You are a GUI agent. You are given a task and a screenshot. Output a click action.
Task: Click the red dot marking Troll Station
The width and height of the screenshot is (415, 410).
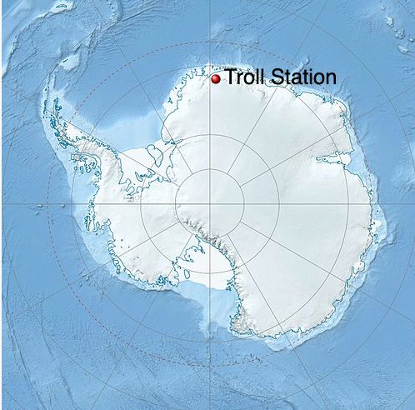pyautogui.click(x=215, y=78)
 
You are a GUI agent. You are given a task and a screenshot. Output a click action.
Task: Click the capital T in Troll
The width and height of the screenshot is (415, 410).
pyautogui.click(x=229, y=77)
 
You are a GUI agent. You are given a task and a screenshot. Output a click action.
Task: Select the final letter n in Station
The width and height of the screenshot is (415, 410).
pyautogui.click(x=331, y=79)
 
